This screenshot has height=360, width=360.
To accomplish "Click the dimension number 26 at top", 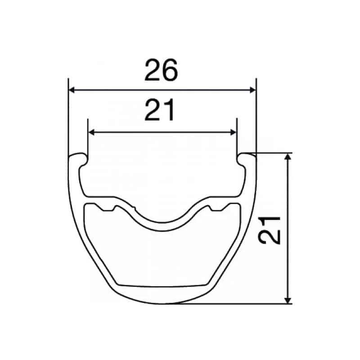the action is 161,70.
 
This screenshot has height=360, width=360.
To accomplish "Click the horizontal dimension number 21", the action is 159,110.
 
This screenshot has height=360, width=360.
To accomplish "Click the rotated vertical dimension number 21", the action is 269,230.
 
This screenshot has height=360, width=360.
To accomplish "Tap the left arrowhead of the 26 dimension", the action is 72,90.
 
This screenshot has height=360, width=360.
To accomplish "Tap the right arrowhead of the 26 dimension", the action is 253,90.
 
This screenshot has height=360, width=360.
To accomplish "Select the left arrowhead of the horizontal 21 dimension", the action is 91,132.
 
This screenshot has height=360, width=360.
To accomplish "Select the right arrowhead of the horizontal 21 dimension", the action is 233,132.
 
